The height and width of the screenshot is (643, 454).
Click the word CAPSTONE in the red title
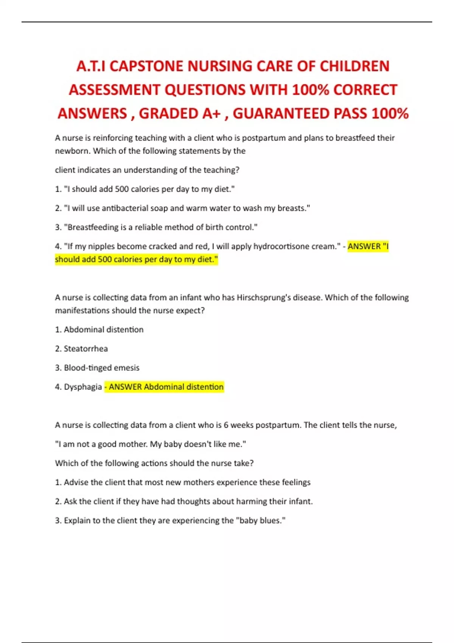[x=146, y=66]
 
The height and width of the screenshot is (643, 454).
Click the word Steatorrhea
[x=86, y=349]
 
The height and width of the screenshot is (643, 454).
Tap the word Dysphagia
[x=82, y=387]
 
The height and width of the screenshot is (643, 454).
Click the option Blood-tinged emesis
[x=101, y=368]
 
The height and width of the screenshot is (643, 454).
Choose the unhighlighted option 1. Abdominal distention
[x=99, y=329]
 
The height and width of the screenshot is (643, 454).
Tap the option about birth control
[x=156, y=227]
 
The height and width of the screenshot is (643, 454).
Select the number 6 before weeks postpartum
[x=226, y=425]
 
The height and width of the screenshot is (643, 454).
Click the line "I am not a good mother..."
[x=151, y=444]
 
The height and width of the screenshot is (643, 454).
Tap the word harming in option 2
[x=252, y=502]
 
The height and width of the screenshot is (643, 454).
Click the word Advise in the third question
[x=76, y=482]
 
